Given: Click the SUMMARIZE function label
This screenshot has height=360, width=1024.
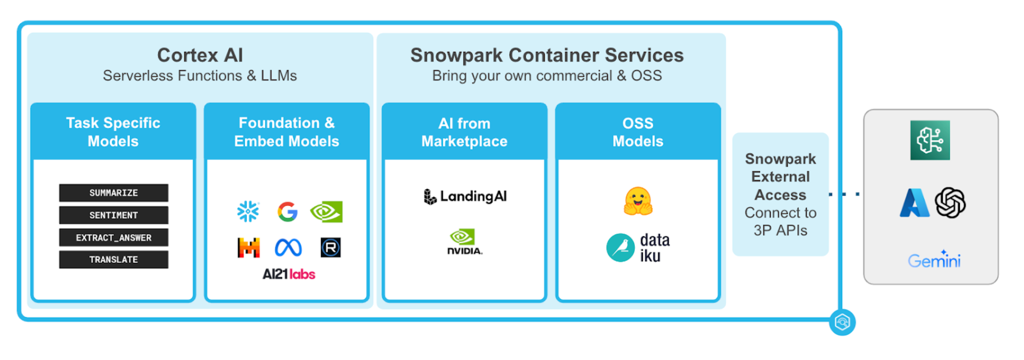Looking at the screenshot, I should [113, 193].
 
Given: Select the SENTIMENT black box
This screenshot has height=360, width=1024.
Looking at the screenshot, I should [113, 215].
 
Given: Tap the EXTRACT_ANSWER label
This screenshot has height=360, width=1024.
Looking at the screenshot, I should [113, 237].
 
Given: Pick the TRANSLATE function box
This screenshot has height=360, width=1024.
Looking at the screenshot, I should [113, 259].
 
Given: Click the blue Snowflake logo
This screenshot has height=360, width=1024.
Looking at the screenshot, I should [248, 211].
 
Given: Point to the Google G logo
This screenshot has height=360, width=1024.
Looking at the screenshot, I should [287, 211].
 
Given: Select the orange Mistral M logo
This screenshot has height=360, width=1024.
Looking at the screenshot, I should [248, 247].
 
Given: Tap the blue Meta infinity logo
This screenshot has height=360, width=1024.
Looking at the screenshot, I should [288, 247].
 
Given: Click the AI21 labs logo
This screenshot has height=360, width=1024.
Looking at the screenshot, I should [288, 274].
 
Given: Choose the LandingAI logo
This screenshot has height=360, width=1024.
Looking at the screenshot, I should [465, 196].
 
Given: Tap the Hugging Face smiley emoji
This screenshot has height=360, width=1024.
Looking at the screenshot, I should [638, 201].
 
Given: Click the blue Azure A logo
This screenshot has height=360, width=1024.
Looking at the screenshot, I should [914, 203].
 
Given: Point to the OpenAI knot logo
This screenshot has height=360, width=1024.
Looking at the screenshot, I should [950, 203].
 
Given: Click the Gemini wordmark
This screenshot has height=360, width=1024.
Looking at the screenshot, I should [934, 260].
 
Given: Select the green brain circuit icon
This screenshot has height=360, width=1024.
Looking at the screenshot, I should [930, 140].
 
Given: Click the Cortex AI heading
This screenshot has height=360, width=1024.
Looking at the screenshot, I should [200, 55].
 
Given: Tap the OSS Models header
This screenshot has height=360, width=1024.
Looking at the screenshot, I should [638, 132].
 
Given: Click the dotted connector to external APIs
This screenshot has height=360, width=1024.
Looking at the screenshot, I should [844, 194].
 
